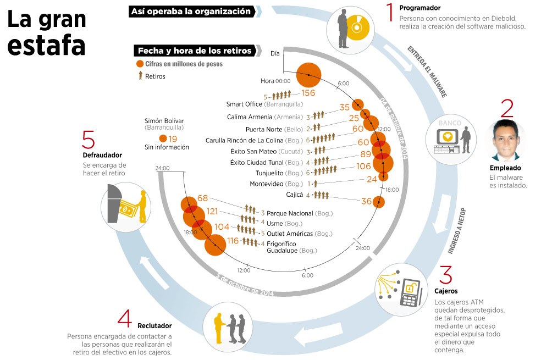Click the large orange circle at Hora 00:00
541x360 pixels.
pos(309,75)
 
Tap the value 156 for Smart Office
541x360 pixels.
pos(308,93)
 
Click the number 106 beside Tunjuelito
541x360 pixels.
pos(363,166)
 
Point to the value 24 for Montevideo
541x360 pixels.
pos(372,179)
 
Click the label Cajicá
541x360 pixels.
pos(295,195)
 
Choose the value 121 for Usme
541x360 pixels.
pos(212,211)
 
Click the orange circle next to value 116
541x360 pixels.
pos(216,245)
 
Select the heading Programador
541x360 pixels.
pos(420,8)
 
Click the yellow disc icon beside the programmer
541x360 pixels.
pos(358,27)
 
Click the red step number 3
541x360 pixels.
pos(445,275)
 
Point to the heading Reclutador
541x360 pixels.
pos(154,326)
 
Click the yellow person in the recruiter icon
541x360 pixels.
pos(219,328)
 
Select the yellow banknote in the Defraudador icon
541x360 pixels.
pos(128,209)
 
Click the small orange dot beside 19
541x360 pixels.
pos(163,139)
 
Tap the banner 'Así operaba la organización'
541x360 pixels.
pos(191,12)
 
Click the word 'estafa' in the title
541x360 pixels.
pos(46,45)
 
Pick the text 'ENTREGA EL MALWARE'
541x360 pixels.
pos(427,71)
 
